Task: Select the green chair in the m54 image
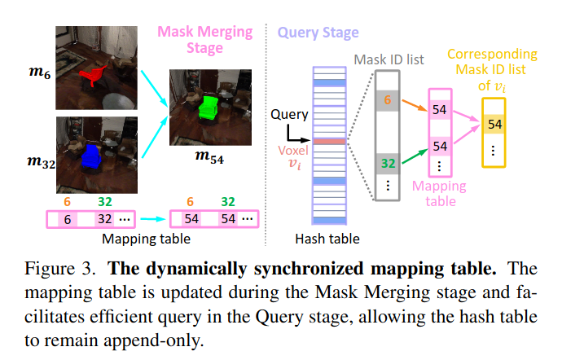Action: tap(211, 107)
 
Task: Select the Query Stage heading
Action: tap(318, 33)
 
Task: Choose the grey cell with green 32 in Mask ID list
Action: tap(387, 164)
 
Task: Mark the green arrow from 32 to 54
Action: tap(414, 154)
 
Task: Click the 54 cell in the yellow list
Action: tap(495, 125)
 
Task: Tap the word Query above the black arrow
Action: tap(289, 115)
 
